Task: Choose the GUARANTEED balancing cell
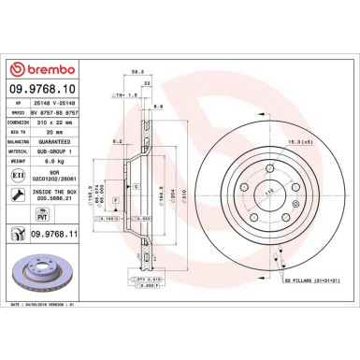pos(56,142)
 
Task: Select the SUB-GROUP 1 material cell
pos(56,151)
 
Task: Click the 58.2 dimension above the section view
pos(138,96)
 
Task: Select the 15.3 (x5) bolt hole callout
pos(301,115)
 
